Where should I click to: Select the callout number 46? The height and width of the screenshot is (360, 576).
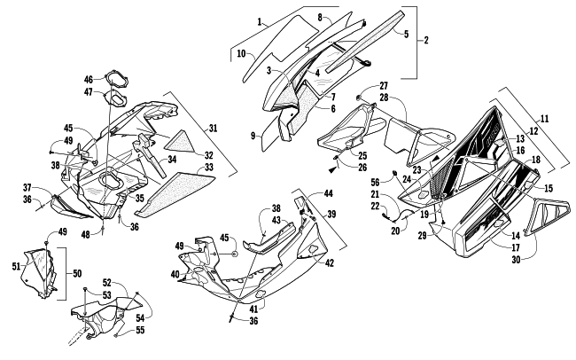tap(90, 80)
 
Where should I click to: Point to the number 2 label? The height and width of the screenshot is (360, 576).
tap(426, 41)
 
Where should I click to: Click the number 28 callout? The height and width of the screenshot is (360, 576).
tap(384, 97)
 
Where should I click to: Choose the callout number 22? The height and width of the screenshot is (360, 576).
tap(376, 206)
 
